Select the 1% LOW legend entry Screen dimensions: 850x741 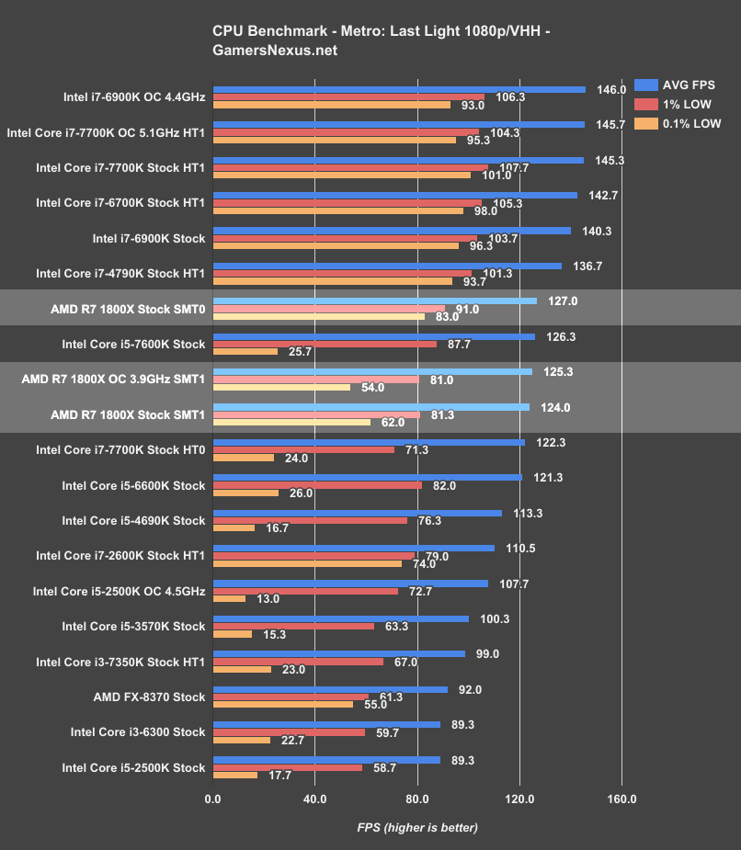[685, 104]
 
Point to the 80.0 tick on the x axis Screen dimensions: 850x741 [417, 799]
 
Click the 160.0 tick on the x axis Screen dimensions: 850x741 [621, 799]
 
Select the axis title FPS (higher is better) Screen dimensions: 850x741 [417, 827]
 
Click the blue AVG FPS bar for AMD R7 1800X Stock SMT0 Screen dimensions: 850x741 [375, 300]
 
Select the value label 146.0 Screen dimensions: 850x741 [611, 90]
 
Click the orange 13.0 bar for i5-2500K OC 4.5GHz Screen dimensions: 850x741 [229, 598]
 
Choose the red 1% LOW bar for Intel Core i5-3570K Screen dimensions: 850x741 [293, 627]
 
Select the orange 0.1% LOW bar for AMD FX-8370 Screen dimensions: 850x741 [282, 705]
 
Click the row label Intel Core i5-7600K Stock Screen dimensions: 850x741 [133, 344]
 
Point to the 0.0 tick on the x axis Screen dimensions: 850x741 [212, 799]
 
